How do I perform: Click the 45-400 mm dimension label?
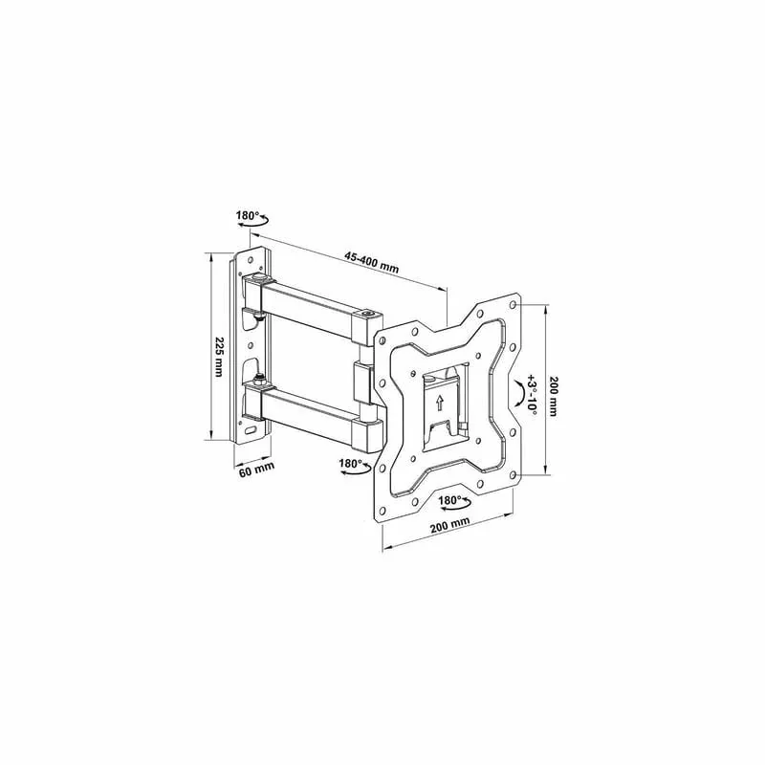(372, 262)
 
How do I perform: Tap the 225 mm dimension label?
(219, 357)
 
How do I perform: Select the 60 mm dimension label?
(256, 470)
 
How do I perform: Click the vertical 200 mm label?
(554, 396)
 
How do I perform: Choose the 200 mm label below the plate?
(449, 526)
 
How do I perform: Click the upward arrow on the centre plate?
(440, 402)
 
